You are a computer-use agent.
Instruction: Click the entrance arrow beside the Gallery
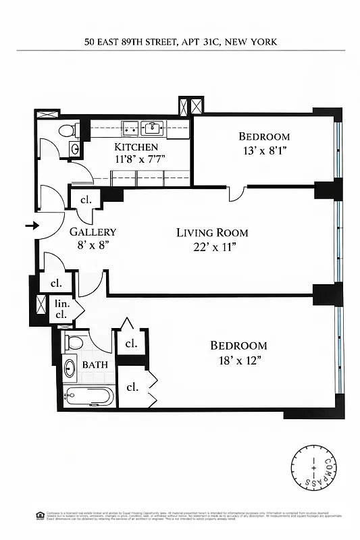pos(31,225)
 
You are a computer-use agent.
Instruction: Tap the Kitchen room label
pos(136,147)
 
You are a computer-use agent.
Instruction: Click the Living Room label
pos(212,233)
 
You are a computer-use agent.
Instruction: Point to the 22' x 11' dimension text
pos(212,246)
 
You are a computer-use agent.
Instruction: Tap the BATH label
pos(95,364)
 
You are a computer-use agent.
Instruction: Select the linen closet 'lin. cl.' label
pos(61,309)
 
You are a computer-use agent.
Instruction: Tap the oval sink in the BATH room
pos(70,369)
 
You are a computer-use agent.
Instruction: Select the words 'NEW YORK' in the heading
pos(252,42)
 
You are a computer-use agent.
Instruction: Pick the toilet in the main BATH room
pos(75,342)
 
